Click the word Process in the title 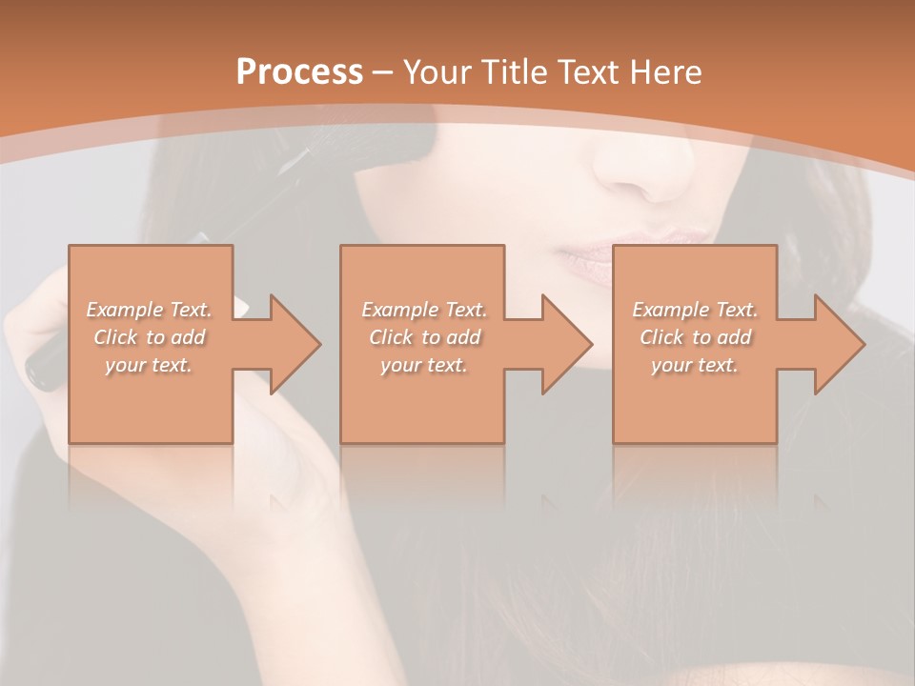(x=299, y=71)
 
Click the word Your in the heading (x=436, y=72)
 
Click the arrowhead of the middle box (x=566, y=344)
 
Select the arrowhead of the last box (x=839, y=344)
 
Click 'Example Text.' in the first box (x=149, y=310)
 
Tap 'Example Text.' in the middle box (x=424, y=310)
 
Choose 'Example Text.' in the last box (x=695, y=310)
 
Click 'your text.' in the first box (x=149, y=365)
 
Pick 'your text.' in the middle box (x=424, y=365)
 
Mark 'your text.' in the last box (x=695, y=365)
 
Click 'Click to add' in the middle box (x=424, y=337)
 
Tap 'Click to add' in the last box (x=695, y=337)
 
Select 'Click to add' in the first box (x=149, y=337)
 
